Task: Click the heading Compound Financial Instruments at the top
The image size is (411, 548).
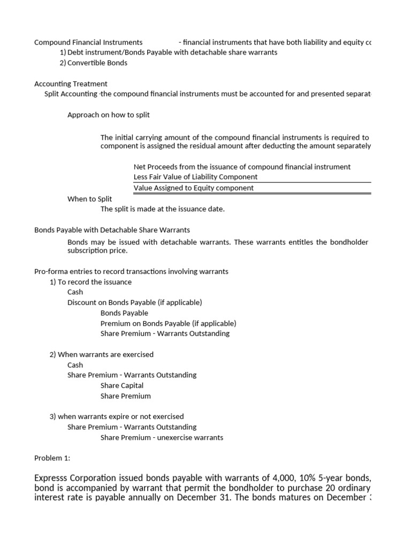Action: click(88, 42)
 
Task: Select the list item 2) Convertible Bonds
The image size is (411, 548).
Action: click(94, 63)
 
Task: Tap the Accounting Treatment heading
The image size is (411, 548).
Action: click(71, 83)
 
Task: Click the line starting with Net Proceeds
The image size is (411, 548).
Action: click(242, 166)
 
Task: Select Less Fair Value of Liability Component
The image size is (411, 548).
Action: click(195, 177)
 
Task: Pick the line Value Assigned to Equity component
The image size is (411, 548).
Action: click(194, 188)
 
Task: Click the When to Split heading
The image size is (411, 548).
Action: click(89, 199)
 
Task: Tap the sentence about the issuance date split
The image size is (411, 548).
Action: click(162, 209)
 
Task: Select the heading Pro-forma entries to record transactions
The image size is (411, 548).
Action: click(131, 271)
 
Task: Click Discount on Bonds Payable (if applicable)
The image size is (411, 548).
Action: click(134, 302)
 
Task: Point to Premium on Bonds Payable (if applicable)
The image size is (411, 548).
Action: click(168, 323)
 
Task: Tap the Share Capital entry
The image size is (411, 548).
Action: click(122, 385)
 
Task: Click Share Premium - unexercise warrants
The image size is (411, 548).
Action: click(162, 437)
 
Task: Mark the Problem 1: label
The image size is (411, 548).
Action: click(52, 458)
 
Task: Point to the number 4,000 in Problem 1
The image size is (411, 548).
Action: click(281, 477)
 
